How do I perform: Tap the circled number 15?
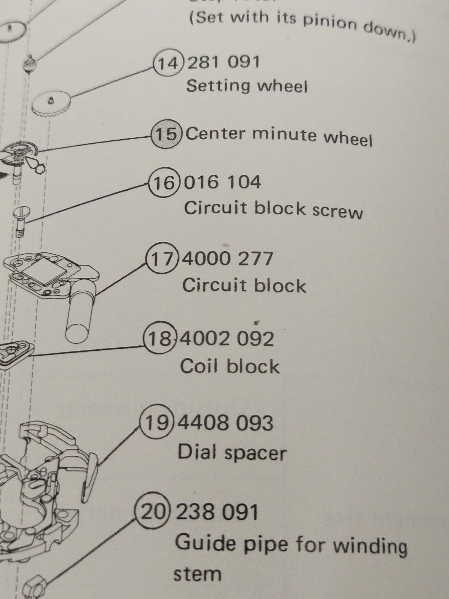166,134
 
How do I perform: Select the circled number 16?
164,183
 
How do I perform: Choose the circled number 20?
152,512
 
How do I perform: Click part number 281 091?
223,62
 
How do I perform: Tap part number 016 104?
223,183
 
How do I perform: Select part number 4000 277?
227,259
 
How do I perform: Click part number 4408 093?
226,423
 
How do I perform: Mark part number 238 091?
217,512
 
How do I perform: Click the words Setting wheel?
247,86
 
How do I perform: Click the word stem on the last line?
198,573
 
